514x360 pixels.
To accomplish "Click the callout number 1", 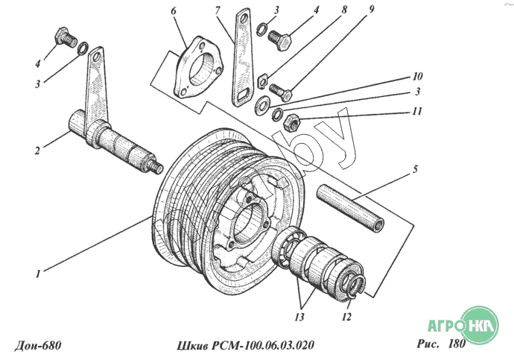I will (x=38, y=273).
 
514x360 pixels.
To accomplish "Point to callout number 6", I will (x=174, y=12).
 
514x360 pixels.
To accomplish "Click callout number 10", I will (x=418, y=77).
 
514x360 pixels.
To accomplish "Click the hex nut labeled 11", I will (x=293, y=121).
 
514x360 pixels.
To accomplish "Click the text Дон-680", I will (x=37, y=344).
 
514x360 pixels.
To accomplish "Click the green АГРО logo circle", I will (x=478, y=324).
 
